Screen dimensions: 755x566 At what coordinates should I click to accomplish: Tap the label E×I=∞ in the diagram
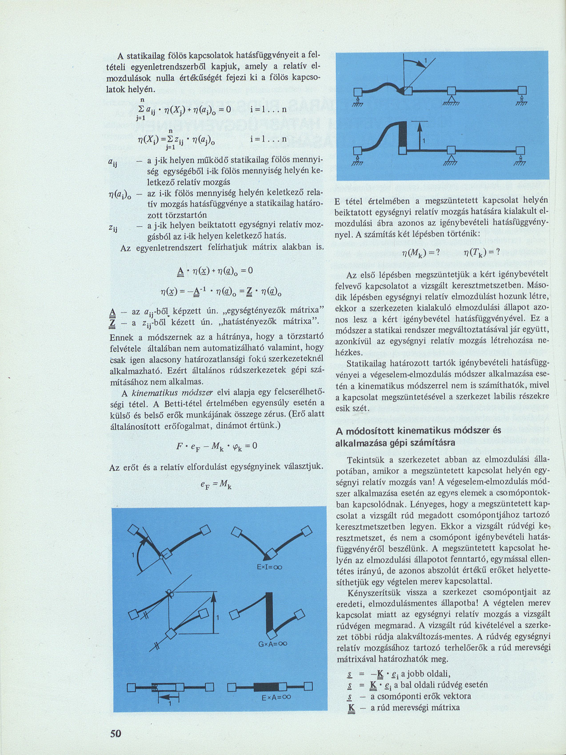pos(269,568)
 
